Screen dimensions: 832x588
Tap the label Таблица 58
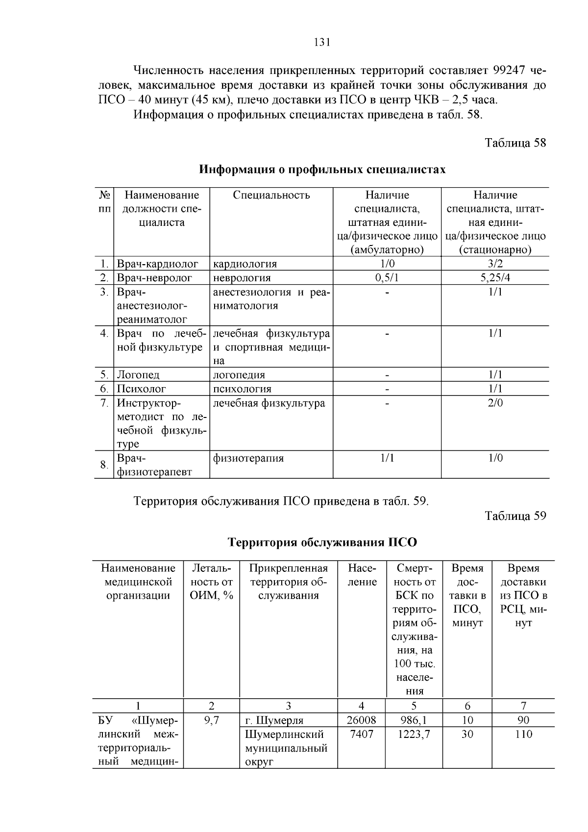pos(515,143)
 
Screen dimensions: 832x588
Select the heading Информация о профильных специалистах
pos(322,170)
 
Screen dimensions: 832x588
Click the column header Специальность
pos(271,195)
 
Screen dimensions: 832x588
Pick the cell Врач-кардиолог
pos(157,264)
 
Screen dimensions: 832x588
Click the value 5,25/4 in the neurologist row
pos(495,278)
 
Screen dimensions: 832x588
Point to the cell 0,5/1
pos(387,278)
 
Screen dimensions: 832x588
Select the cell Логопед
pos(138,375)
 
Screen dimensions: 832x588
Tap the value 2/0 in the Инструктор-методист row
pos(495,403)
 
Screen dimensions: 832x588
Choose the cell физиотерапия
pos(248,458)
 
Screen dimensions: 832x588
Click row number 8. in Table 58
pos(104,464)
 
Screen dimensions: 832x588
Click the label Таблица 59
pos(515,515)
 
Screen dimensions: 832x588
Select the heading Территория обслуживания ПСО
pos(322,542)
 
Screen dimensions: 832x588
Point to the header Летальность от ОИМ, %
pos(211,582)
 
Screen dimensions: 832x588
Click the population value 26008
pos(361,720)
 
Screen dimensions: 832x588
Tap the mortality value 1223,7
pos(414,734)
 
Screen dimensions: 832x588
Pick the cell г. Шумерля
pos(274,720)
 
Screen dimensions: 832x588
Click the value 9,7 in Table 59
pos(211,720)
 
